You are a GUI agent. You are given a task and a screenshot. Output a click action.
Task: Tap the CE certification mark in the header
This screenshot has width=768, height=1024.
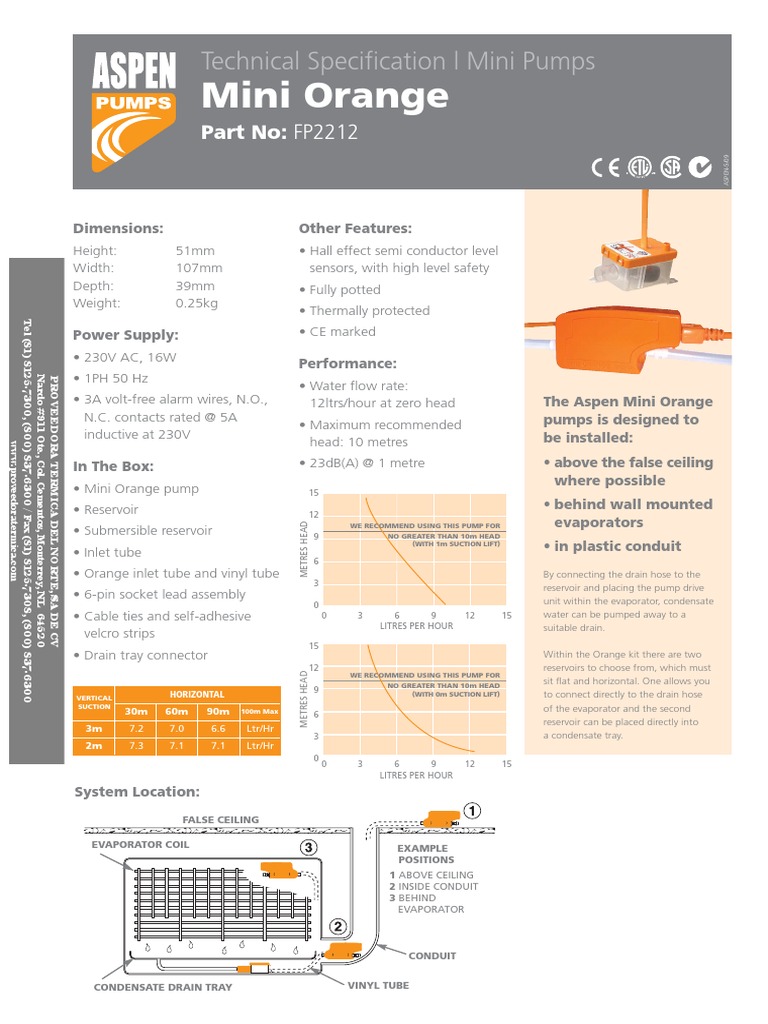(x=606, y=168)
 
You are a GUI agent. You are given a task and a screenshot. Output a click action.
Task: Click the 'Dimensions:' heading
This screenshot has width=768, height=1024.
(x=118, y=228)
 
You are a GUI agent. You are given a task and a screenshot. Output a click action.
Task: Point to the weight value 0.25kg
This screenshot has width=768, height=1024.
(x=196, y=303)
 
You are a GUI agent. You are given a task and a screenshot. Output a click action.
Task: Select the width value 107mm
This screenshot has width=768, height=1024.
(x=199, y=268)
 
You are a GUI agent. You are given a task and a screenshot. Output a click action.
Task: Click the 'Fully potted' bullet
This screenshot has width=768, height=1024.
(x=344, y=290)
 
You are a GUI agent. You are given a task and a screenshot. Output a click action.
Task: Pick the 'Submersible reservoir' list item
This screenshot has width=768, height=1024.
(x=148, y=531)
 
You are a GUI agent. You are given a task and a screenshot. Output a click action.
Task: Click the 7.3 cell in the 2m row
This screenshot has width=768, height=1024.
(x=137, y=746)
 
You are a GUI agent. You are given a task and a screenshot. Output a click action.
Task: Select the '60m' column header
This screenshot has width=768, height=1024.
(x=177, y=711)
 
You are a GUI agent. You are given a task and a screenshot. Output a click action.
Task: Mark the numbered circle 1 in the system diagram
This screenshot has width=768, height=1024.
(x=472, y=810)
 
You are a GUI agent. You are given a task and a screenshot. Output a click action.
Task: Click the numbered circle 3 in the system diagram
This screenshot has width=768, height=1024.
(x=309, y=846)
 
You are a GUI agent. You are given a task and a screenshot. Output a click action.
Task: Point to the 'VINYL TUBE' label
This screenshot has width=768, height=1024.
(x=378, y=985)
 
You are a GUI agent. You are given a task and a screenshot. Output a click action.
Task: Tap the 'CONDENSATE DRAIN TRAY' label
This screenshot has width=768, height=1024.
(x=163, y=987)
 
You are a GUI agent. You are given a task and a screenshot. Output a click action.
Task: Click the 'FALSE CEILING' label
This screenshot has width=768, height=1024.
(x=220, y=819)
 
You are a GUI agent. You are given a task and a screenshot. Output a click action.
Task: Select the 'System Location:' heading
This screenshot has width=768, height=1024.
(x=137, y=792)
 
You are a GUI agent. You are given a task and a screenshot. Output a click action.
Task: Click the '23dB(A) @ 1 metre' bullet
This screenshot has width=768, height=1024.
(x=366, y=463)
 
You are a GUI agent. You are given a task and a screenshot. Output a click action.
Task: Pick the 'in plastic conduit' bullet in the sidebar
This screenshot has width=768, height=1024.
(x=617, y=546)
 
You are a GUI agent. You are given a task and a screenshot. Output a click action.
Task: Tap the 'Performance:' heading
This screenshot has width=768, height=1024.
(x=348, y=363)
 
